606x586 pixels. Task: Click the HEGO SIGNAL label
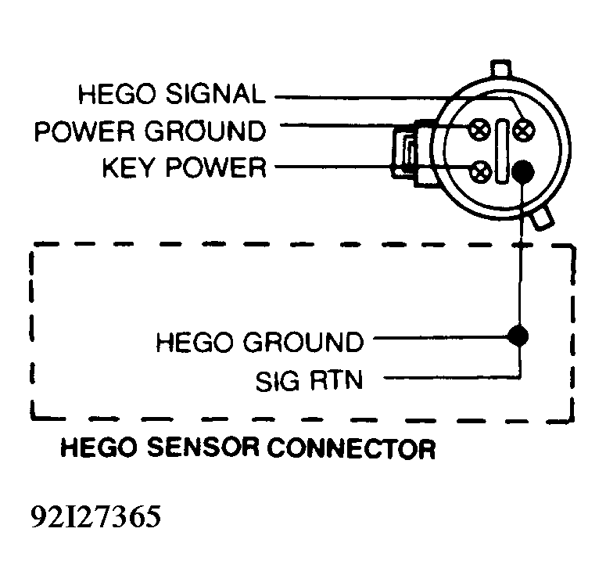(x=172, y=94)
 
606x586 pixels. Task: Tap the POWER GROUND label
(x=150, y=131)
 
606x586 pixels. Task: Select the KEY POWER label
(x=185, y=167)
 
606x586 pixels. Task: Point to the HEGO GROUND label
(x=260, y=342)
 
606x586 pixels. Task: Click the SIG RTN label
(x=309, y=380)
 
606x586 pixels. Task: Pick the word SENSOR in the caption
(x=203, y=448)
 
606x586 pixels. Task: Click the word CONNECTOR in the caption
(x=351, y=448)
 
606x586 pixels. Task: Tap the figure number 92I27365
(x=95, y=516)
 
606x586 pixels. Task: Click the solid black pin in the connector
(x=523, y=171)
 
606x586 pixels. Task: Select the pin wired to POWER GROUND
(x=479, y=130)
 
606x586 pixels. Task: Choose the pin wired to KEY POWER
(x=480, y=171)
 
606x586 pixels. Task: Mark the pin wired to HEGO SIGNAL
(x=524, y=130)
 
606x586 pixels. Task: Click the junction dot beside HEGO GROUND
(x=518, y=336)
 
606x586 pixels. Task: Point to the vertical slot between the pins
(x=502, y=151)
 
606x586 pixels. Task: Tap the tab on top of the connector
(x=501, y=69)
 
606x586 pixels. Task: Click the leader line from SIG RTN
(x=451, y=378)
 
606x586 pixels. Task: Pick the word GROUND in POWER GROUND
(x=205, y=131)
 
